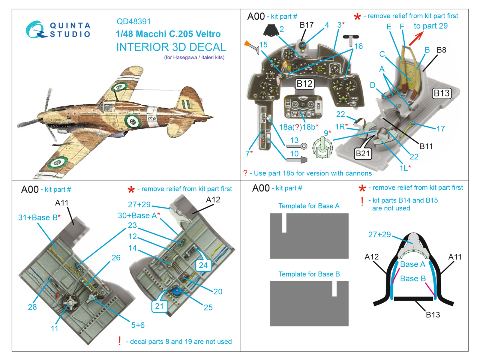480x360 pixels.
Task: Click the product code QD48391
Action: point(133,22)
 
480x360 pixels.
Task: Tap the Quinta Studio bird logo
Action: point(35,30)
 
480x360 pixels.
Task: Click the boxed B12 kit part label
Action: point(304,84)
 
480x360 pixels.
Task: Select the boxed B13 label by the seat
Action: point(442,93)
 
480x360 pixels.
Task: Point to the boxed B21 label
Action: point(363,154)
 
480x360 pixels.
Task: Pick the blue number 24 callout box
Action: point(203,265)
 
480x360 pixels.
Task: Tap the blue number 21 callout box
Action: point(159,306)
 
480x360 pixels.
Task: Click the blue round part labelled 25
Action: point(177,291)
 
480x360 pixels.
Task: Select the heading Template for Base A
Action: point(309,206)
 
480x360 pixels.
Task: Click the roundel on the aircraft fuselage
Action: point(133,121)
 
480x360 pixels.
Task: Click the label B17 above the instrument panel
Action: point(306,25)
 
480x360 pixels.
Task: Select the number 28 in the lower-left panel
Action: point(32,307)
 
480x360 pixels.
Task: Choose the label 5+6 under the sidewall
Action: point(138,325)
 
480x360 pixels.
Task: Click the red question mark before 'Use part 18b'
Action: point(245,173)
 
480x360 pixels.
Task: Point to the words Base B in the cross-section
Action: point(413,279)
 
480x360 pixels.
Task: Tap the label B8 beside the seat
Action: point(441,50)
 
